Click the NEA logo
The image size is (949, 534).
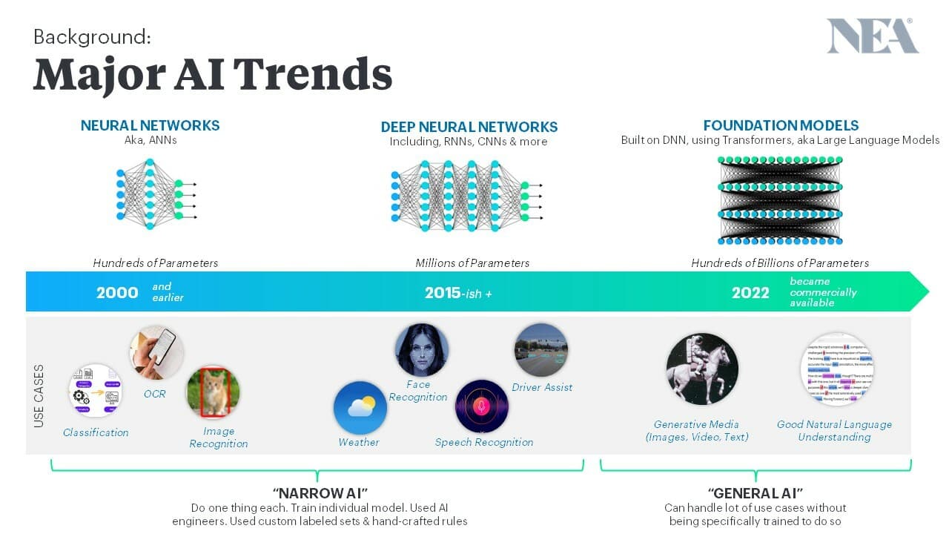coord(872,36)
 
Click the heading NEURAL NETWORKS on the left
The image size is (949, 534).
coord(150,125)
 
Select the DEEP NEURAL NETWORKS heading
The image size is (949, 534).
coord(469,127)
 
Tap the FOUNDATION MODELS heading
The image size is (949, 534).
coord(781,125)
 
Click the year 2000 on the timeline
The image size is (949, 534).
coord(117,292)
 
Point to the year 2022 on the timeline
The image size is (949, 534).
coord(750,292)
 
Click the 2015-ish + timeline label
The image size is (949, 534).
coord(458,293)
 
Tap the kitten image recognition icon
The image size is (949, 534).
coord(214,392)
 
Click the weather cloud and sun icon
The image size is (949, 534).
coord(360,407)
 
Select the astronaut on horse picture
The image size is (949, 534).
coord(701,369)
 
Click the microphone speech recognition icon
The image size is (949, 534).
coord(481,406)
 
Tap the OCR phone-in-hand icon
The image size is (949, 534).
coord(156,352)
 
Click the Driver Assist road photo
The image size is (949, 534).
coord(540,350)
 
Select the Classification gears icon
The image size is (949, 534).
coord(95,391)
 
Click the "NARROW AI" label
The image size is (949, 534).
coord(320,493)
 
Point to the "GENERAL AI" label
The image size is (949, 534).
coord(755,493)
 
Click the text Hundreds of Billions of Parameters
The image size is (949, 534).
coord(780,263)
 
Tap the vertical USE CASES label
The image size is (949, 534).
coord(39,395)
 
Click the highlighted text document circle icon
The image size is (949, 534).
coord(836,369)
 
